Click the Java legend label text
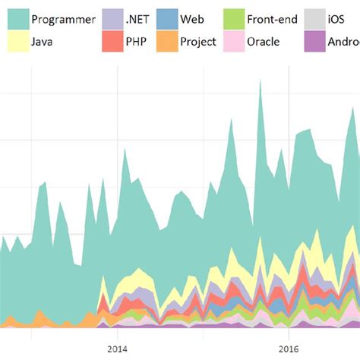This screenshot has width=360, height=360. coord(43,42)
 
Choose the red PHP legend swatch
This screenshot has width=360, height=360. coord(112,42)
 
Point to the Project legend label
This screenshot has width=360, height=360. coord(198,42)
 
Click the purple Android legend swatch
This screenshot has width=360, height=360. coord(314,42)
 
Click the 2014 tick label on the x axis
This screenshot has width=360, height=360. coord(117,349)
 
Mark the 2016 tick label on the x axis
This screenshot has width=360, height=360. coord(289,349)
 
